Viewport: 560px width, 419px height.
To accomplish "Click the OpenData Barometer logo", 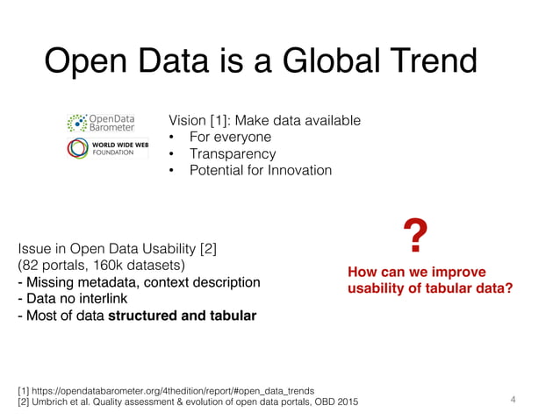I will pyautogui.click(x=100, y=123).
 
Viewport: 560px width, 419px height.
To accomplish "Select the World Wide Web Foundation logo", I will pyautogui.click(x=101, y=148).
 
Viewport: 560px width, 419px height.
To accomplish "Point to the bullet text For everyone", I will pyautogui.click(x=231, y=137).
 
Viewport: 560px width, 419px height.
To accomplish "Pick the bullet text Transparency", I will pyautogui.click(x=232, y=153).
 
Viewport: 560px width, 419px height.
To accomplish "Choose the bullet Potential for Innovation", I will pyautogui.click(x=261, y=170).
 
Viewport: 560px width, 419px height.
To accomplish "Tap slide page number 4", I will pyautogui.click(x=514, y=400).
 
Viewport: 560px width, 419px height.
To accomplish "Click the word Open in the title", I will pyautogui.click(x=86, y=62).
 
